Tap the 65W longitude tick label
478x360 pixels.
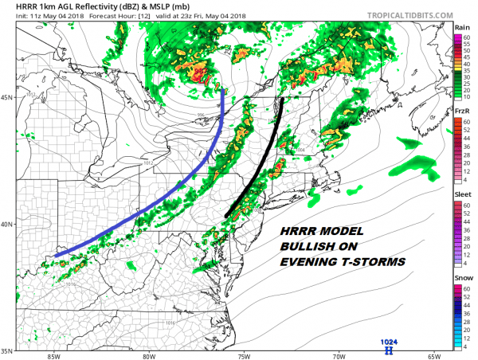point(434,356)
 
